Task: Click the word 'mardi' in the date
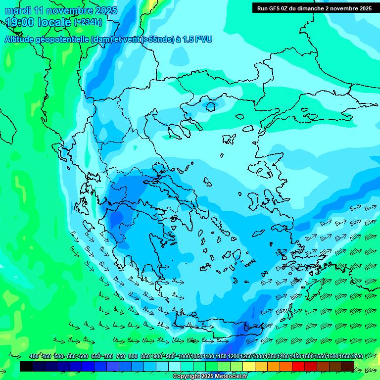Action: point(17,10)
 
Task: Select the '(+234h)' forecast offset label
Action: point(88,22)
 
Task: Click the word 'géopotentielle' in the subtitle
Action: point(62,39)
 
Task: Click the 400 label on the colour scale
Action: point(34,356)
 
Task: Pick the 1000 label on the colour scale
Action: point(184,356)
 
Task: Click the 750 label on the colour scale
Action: point(121,356)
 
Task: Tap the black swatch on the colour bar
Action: point(26,366)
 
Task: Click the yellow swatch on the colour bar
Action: point(249,366)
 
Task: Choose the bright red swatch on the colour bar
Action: point(298,366)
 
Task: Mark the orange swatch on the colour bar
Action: point(274,366)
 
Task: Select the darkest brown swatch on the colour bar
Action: point(348,366)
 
